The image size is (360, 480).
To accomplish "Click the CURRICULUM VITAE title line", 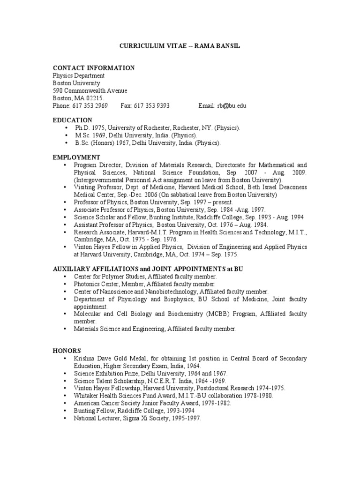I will click(x=180, y=47).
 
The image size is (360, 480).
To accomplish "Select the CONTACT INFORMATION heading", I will click(x=93, y=68).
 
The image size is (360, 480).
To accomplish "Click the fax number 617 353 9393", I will click(x=152, y=106).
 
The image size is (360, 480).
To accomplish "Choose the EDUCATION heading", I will click(x=72, y=120).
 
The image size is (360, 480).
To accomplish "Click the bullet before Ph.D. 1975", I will click(x=64, y=128).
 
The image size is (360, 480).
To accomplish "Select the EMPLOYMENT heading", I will click(x=76, y=157).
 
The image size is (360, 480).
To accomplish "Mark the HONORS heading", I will click(x=67, y=351).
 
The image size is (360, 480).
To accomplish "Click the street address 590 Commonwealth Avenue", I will click(x=90, y=91).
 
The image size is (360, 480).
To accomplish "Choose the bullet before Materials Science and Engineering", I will click(x=64, y=329).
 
